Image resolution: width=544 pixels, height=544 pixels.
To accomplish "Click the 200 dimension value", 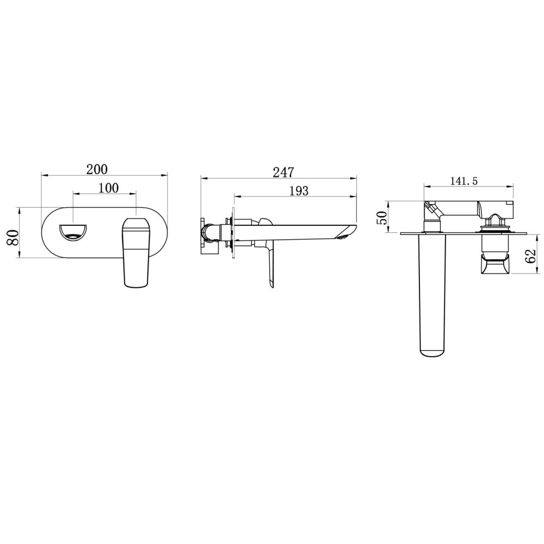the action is pos(97,169).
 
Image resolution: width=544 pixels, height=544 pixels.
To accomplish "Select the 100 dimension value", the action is pos(109,188).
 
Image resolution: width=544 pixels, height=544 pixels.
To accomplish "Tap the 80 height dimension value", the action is pos(13,237).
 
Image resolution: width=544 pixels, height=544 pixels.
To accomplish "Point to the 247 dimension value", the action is pos(283,172).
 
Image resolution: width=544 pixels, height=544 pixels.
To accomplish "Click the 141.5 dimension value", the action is pos(464,181).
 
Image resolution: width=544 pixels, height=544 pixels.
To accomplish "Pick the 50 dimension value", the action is pos(382,218).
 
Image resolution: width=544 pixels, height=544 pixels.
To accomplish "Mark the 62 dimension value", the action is pos(531,256).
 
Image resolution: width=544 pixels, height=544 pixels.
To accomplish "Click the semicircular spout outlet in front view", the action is pos(73,232).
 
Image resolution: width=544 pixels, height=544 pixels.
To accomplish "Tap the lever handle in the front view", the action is pos(136,252).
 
